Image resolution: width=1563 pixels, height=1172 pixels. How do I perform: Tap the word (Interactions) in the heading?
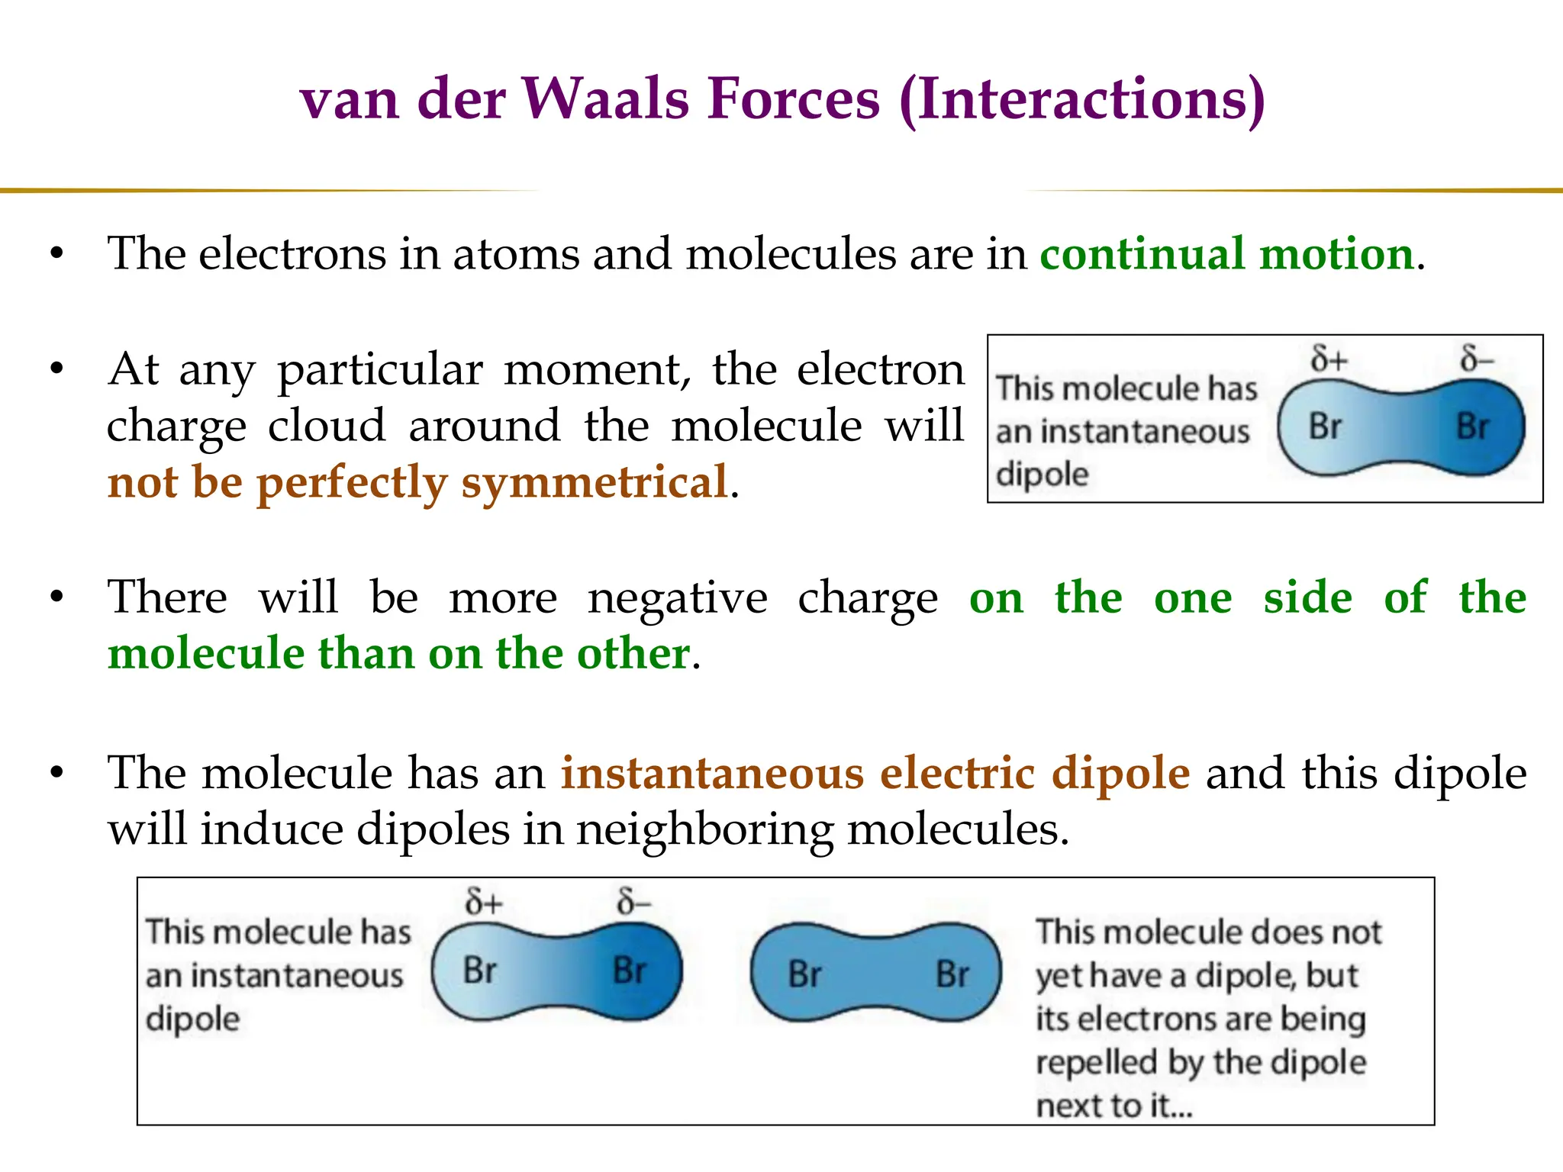[1081, 100]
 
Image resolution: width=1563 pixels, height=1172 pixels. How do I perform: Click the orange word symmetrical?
[595, 482]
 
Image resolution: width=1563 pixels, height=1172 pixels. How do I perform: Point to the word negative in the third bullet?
[677, 597]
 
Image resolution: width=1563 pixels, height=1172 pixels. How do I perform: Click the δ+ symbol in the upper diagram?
[1329, 359]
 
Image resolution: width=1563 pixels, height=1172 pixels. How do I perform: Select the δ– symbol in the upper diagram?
[1477, 359]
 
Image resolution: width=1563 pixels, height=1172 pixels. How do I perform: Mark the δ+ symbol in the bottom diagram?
[484, 902]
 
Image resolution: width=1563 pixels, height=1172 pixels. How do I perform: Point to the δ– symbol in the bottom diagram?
[633, 902]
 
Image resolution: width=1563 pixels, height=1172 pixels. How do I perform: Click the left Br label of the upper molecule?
[1325, 426]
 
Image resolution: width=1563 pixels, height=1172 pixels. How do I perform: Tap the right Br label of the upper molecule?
[1472, 426]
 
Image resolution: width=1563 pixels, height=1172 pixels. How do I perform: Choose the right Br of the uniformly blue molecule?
[952, 974]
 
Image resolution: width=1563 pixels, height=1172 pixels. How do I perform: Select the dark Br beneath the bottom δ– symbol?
[630, 971]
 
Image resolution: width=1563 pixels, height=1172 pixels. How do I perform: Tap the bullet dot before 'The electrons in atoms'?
[56, 253]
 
